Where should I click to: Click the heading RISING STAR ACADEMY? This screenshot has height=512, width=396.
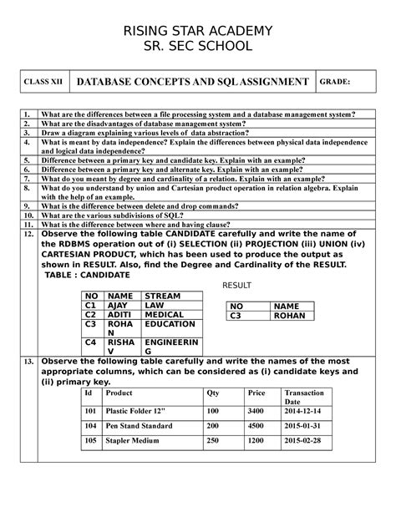[198, 31]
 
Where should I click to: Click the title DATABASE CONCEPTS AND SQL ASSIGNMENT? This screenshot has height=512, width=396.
[192, 83]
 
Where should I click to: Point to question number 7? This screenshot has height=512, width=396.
[28, 178]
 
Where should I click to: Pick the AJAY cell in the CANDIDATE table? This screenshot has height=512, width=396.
[120, 306]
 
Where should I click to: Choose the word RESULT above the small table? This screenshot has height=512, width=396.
[239, 286]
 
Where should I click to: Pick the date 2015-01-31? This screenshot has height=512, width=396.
[302, 425]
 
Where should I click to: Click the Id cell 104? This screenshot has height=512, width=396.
[90, 425]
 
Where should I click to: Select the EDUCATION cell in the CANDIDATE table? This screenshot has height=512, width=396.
[170, 326]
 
